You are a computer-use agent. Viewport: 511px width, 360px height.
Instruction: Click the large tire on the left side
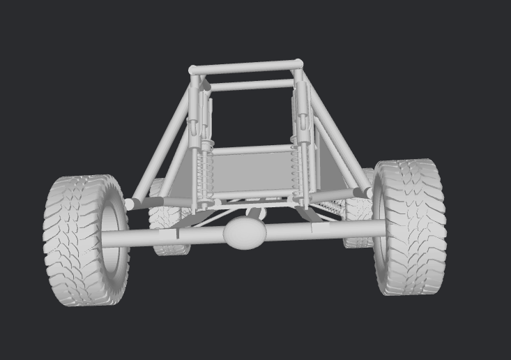(x=77, y=241)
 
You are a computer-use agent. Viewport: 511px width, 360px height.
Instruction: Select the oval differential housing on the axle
(x=245, y=232)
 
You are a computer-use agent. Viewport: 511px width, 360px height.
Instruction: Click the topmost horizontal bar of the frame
(x=245, y=67)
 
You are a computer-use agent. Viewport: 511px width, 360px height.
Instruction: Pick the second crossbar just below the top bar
(x=251, y=85)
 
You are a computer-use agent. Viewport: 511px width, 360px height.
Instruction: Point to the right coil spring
(x=298, y=171)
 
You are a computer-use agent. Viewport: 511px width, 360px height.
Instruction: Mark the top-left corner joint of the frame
(x=193, y=70)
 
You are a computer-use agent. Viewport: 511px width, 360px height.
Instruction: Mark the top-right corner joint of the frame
(x=298, y=64)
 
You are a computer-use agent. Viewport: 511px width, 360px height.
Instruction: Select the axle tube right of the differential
(x=321, y=230)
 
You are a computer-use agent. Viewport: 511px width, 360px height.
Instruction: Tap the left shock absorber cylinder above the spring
(x=204, y=115)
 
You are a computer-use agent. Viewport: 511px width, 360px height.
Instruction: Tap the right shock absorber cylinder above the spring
(x=301, y=112)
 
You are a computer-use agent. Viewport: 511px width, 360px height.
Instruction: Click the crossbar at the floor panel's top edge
(x=251, y=149)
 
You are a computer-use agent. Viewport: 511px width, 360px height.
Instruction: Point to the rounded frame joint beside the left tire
(x=130, y=204)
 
